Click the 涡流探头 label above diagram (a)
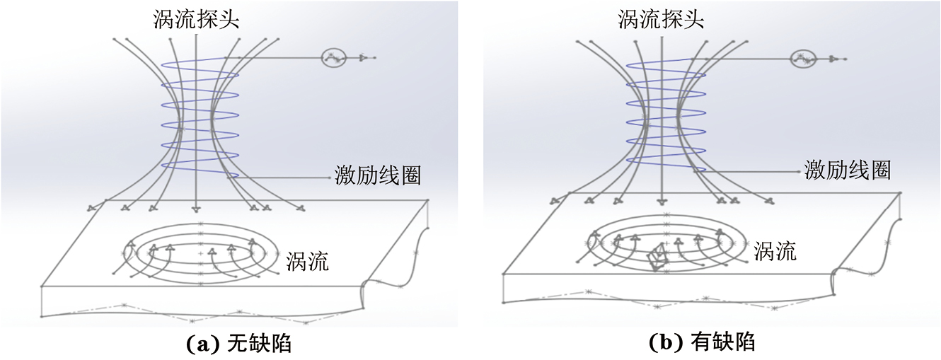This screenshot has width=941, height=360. tap(196, 19)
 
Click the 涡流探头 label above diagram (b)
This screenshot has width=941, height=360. tap(662, 19)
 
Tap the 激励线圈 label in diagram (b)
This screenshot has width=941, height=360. tap(847, 170)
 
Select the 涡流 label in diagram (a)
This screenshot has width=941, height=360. tap(308, 262)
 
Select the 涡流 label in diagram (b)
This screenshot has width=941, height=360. tap(775, 251)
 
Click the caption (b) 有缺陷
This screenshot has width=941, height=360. tap(703, 343)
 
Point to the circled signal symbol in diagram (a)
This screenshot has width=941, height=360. tap(333, 57)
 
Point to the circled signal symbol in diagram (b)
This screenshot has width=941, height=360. tap(802, 57)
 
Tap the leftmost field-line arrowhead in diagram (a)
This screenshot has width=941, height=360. tap(91, 207)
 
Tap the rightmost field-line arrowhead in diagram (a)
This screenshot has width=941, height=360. tap(301, 208)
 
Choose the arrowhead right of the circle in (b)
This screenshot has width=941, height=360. tap(833, 58)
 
